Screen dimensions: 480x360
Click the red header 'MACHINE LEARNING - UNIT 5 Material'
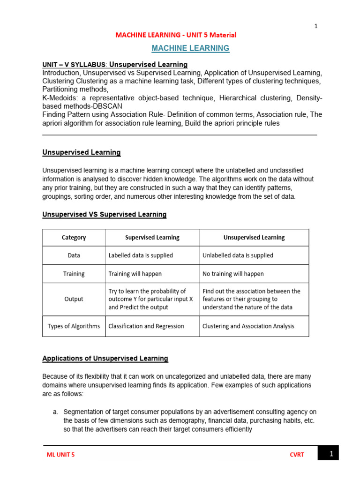coord(176,35)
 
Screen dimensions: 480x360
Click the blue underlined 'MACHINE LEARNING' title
coord(190,48)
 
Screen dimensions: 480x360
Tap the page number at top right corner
coord(316,26)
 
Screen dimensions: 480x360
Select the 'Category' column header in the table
coord(74,238)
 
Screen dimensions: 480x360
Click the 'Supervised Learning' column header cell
coord(152,238)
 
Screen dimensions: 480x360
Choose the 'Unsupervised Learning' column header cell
coord(254,238)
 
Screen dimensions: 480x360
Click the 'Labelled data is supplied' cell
coord(141,255)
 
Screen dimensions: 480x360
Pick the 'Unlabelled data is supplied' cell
coord(238,255)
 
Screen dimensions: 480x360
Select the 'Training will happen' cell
coord(135,274)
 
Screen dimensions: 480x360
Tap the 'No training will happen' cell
coord(233,274)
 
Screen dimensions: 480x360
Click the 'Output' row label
coord(74,299)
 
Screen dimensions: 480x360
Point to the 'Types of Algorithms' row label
coord(74,326)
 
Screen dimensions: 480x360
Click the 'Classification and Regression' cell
coord(146,326)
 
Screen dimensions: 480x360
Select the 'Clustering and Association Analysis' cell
coord(248,326)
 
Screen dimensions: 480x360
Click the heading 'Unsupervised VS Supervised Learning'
coord(104,215)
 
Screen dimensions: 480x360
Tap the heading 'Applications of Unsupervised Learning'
coord(105,359)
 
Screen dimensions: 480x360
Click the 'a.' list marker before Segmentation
coord(55,412)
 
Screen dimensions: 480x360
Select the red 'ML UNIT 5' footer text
coord(60,455)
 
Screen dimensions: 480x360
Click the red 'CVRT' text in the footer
coord(297,455)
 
